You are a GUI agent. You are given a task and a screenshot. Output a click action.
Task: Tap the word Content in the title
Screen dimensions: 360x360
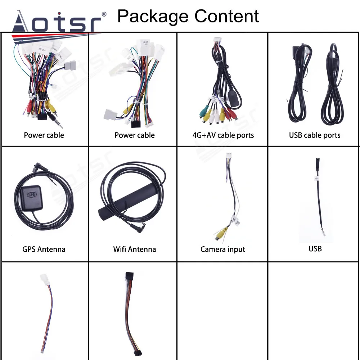(x=227, y=16)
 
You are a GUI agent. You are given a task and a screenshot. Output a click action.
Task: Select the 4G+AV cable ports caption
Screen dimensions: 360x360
(x=223, y=135)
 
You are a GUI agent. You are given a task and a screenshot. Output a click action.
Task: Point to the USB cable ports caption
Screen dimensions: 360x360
(x=314, y=135)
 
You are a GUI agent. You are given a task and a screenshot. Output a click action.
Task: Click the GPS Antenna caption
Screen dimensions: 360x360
(x=44, y=249)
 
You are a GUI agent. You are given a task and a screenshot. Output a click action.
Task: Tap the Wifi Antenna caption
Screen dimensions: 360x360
(x=134, y=249)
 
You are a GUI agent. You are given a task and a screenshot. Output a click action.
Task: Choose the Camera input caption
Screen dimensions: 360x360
(x=222, y=249)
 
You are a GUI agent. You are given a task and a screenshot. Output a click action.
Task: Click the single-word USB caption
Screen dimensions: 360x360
(x=315, y=248)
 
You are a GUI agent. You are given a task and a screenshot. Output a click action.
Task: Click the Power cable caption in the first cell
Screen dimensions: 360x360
(x=44, y=135)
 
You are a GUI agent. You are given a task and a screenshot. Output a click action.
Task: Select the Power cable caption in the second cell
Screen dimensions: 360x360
(x=134, y=135)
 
